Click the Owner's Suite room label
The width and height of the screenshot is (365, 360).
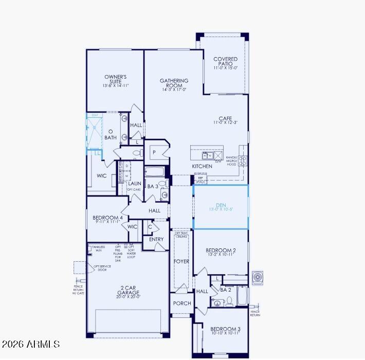[115, 81]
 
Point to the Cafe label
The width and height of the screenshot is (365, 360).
[225, 120]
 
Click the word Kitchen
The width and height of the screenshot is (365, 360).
[202, 167]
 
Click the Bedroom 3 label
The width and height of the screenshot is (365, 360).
[226, 331]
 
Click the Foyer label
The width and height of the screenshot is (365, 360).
[181, 261]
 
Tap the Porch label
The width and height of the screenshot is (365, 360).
[181, 303]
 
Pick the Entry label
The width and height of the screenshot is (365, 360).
[156, 239]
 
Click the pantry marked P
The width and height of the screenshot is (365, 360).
[154, 152]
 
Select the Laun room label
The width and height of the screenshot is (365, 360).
[135, 183]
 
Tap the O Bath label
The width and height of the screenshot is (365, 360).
[111, 135]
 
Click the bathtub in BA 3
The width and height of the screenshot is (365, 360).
[155, 172]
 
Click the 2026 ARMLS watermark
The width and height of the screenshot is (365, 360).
[31, 344]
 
